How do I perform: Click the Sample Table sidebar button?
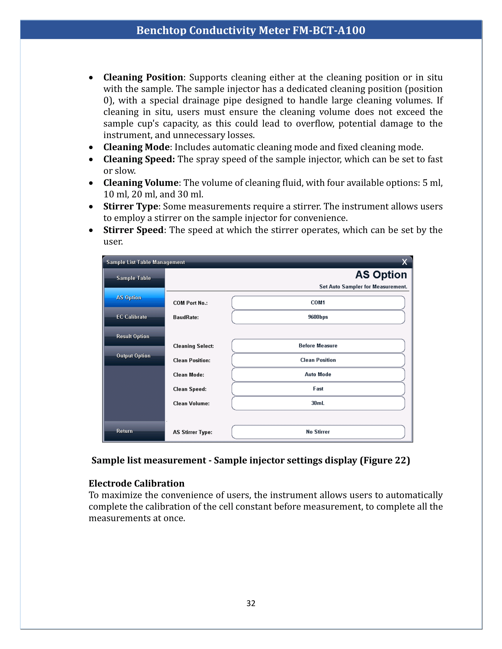(134, 278)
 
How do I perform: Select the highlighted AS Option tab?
(134, 297)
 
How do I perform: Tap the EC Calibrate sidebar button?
(134, 317)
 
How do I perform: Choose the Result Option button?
(134, 336)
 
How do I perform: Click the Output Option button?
(134, 356)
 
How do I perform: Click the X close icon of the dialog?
(404, 262)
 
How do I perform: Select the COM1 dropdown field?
(318, 302)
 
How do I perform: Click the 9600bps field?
(318, 317)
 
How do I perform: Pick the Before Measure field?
(318, 346)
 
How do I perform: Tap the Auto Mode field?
(318, 374)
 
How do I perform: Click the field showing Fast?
(318, 389)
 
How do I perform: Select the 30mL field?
(318, 403)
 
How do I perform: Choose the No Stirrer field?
(318, 432)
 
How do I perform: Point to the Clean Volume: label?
(191, 404)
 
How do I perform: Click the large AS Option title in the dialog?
(381, 275)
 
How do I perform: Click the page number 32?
(251, 603)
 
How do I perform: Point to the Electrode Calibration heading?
(136, 483)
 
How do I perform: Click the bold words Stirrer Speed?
(133, 230)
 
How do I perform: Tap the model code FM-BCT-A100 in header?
(329, 30)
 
